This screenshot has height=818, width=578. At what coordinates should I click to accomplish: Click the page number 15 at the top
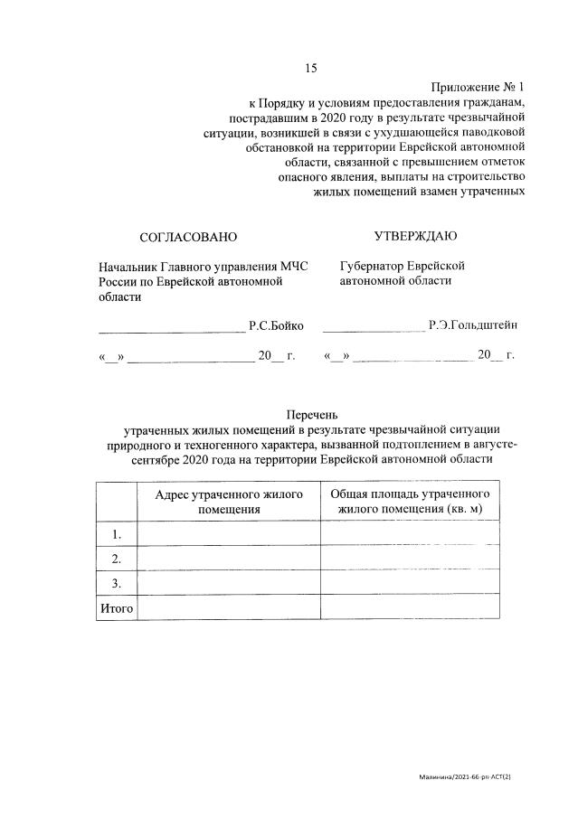pyautogui.click(x=311, y=69)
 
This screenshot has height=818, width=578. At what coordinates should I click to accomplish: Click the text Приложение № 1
pyautogui.click(x=479, y=87)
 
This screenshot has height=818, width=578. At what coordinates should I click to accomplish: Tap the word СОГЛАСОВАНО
pyautogui.click(x=187, y=237)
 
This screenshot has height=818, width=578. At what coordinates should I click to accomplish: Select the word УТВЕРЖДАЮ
pyautogui.click(x=415, y=236)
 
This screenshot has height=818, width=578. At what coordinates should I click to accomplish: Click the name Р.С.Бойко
pyautogui.click(x=276, y=325)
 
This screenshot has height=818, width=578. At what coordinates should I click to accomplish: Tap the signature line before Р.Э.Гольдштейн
pyautogui.click(x=373, y=329)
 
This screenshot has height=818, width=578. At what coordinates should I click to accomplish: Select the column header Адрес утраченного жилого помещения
pyautogui.click(x=228, y=502)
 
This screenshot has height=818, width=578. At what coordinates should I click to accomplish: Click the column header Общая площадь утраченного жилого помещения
pyautogui.click(x=410, y=502)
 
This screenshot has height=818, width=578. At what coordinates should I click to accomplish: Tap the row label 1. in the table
pyautogui.click(x=116, y=534)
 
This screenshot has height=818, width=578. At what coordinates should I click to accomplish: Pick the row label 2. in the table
pyautogui.click(x=116, y=559)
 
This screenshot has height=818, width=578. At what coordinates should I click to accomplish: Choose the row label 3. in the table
pyautogui.click(x=116, y=583)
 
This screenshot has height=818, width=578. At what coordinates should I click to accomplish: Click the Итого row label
pyautogui.click(x=116, y=607)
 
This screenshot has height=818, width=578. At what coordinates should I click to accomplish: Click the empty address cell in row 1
pyautogui.click(x=228, y=534)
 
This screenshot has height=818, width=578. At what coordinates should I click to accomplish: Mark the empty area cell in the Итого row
pyautogui.click(x=410, y=607)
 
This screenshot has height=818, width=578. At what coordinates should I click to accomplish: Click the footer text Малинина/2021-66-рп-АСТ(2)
pyautogui.click(x=471, y=776)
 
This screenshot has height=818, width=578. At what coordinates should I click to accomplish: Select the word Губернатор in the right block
pyautogui.click(x=377, y=266)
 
